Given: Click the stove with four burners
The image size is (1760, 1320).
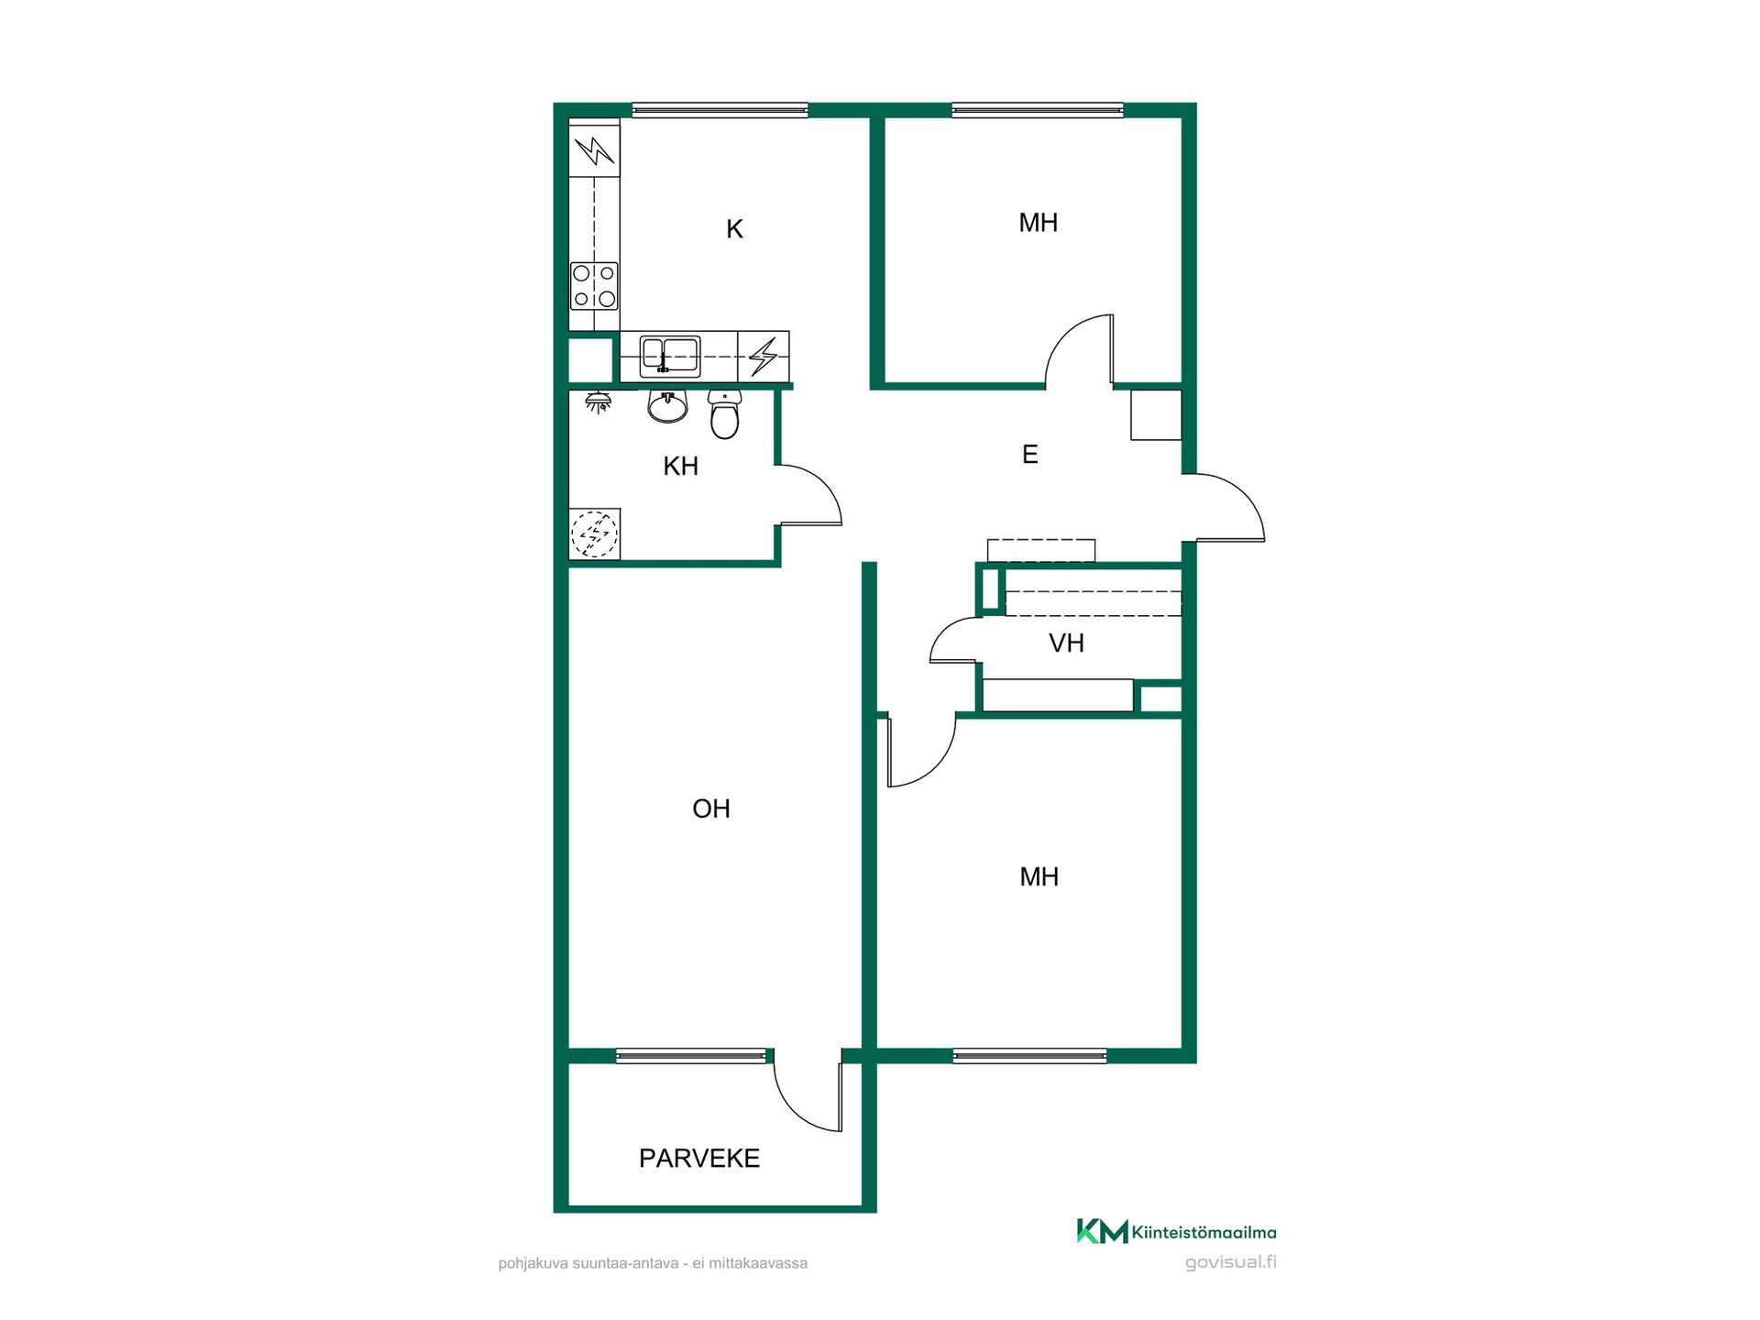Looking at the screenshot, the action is point(594,286).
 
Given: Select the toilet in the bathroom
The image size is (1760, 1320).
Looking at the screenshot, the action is point(724,414).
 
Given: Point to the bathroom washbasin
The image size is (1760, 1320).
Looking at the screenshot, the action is point(667,406).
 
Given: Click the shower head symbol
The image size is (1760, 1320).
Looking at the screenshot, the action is point(599,401).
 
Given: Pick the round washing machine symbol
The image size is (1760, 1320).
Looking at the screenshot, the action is point(594,533).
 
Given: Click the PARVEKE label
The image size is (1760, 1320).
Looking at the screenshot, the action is point(699,1159).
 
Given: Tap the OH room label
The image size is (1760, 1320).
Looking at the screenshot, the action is point(711,808).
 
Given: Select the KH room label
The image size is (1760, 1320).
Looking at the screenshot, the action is point(681,467).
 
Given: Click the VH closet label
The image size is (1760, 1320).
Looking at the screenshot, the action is point(1066,643).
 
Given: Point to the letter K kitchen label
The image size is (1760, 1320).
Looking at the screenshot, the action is point(734,229).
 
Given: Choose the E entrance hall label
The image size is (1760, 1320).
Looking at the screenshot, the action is point(1029,454).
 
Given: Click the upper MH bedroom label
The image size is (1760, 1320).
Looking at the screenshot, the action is point(1039,223).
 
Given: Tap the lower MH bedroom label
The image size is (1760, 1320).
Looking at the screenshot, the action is point(1039,877).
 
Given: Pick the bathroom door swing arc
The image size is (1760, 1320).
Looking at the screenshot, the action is point(823,482).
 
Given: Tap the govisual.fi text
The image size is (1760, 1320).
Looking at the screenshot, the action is point(1231,1262).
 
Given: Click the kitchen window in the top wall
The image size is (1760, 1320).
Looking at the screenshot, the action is point(720,110).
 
